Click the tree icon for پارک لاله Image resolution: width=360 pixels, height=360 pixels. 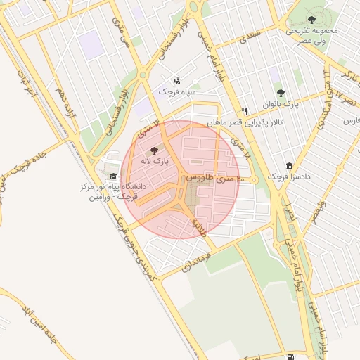point(154,150)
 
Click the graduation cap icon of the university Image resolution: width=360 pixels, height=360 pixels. point(114,176)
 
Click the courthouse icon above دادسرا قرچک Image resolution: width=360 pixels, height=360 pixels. point(289,166)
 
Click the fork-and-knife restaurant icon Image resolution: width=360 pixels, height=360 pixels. point(245,111)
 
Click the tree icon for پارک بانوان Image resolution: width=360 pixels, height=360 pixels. point(281,93)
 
